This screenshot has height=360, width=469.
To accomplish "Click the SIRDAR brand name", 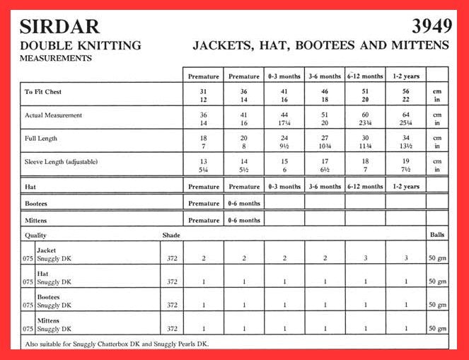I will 59,27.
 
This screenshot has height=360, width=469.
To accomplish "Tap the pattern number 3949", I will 432,27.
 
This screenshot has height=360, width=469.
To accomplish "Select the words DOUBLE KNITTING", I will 80,46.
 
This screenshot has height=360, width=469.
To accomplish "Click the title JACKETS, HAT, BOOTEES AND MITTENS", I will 320,45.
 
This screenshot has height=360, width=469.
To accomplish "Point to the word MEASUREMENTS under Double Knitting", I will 56,59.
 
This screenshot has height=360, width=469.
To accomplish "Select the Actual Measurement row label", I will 54,115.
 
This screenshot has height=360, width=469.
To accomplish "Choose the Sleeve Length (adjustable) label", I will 62,162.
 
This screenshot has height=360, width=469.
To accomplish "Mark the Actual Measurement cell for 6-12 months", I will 365,119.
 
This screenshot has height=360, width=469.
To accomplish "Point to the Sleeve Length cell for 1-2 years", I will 406,165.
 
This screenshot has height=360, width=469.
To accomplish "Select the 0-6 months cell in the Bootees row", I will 244,204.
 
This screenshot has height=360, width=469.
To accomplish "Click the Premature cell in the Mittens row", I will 204,221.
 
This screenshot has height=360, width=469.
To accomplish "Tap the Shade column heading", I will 170,235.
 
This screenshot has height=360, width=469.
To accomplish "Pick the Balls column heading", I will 437,235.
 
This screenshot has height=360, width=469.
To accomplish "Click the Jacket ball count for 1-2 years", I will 406,259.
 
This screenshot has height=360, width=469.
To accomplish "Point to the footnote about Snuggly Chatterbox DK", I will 117,344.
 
